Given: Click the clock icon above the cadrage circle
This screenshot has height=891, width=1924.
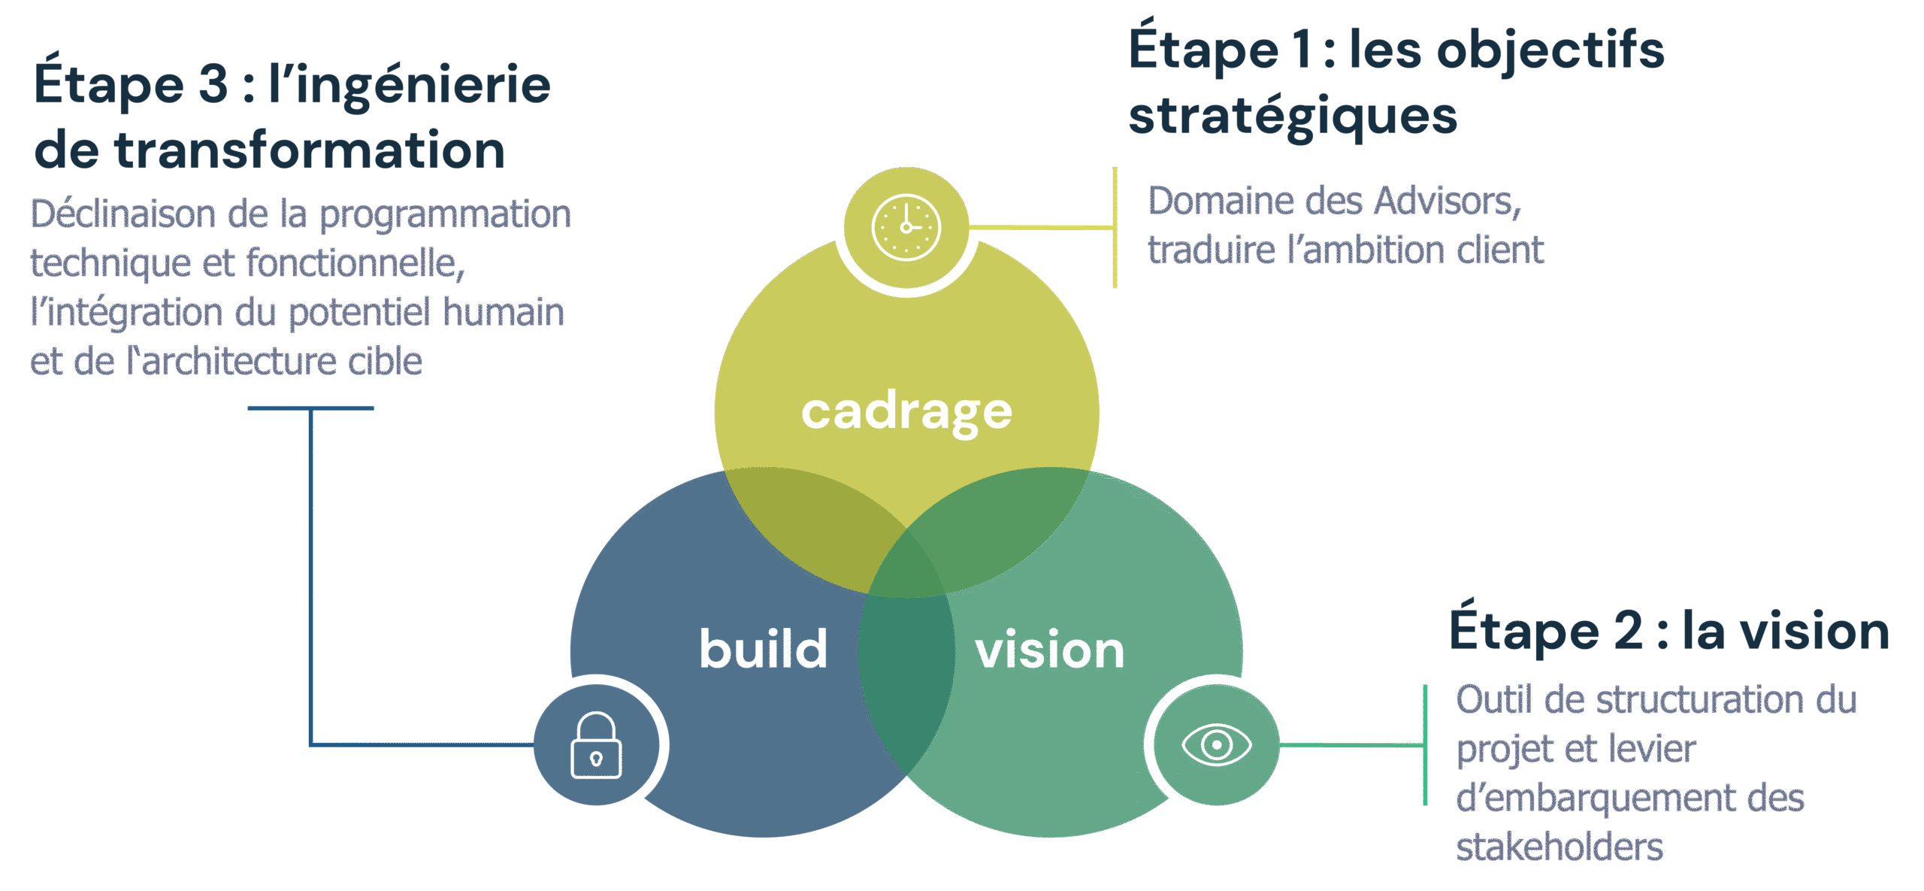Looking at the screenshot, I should pyautogui.click(x=906, y=227).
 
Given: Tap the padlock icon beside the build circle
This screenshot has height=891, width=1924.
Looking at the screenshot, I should pyautogui.click(x=596, y=745).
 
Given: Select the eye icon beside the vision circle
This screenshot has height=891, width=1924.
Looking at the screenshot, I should pyautogui.click(x=1216, y=745).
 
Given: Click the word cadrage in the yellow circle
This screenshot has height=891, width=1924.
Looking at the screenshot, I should pyautogui.click(x=906, y=412).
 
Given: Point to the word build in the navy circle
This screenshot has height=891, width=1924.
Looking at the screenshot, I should pyautogui.click(x=763, y=649).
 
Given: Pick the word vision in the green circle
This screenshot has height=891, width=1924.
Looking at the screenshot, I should pyautogui.click(x=1049, y=650).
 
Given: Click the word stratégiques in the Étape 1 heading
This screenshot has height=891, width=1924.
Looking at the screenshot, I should pyautogui.click(x=1293, y=117).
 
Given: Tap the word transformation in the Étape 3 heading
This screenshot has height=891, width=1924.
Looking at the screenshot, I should pyautogui.click(x=309, y=150).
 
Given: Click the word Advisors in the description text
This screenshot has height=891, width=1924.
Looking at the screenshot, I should pyautogui.click(x=1448, y=202).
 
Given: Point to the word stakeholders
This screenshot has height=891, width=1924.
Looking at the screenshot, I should pyautogui.click(x=1559, y=847).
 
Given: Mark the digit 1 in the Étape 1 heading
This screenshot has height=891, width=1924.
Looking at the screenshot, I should pyautogui.click(x=1302, y=51).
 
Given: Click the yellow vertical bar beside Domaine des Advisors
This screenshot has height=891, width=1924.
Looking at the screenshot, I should pyautogui.click(x=1115, y=227).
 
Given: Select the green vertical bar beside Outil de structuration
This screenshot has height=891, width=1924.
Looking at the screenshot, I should pyautogui.click(x=1425, y=745).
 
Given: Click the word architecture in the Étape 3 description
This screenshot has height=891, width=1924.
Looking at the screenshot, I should pyautogui.click(x=239, y=362).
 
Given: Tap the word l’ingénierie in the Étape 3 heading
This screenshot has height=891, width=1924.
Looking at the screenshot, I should pyautogui.click(x=410, y=84).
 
